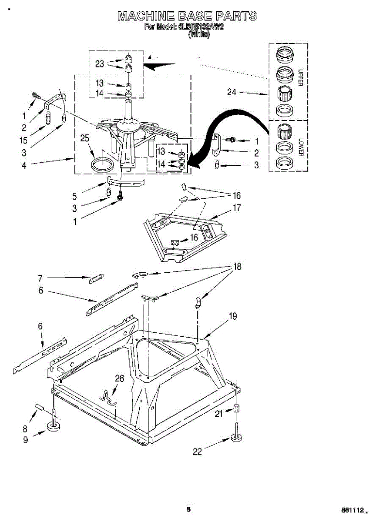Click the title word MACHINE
[146, 17]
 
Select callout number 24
[232, 92]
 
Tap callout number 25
[84, 138]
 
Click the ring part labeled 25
[103, 165]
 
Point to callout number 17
[237, 208]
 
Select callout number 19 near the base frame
[233, 316]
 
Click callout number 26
[119, 378]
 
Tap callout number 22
[198, 452]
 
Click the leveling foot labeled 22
[237, 437]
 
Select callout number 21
[218, 414]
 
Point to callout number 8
[25, 428]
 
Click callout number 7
[40, 278]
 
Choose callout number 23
[100, 64]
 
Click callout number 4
[24, 165]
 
